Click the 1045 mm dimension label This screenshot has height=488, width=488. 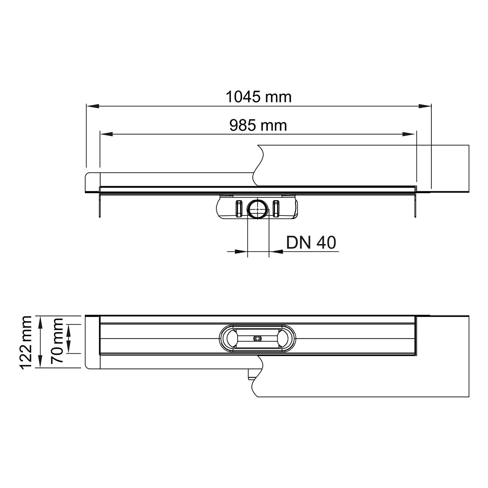coord(259,97)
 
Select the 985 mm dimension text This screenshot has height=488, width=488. coord(258,125)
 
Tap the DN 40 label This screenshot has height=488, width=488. coord(311,242)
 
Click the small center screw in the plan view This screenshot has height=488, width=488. coord(258,339)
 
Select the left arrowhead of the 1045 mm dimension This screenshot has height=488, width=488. coord(92,105)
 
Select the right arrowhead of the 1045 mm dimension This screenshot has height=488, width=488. coord(425,105)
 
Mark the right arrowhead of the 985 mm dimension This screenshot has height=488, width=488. coord(410,134)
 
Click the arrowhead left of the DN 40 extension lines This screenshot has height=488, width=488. coord(241,251)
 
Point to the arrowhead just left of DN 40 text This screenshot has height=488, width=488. coord(276,251)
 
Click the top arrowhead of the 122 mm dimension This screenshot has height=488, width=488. coord(40,322)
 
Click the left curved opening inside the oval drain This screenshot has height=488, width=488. coord(231,339)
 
